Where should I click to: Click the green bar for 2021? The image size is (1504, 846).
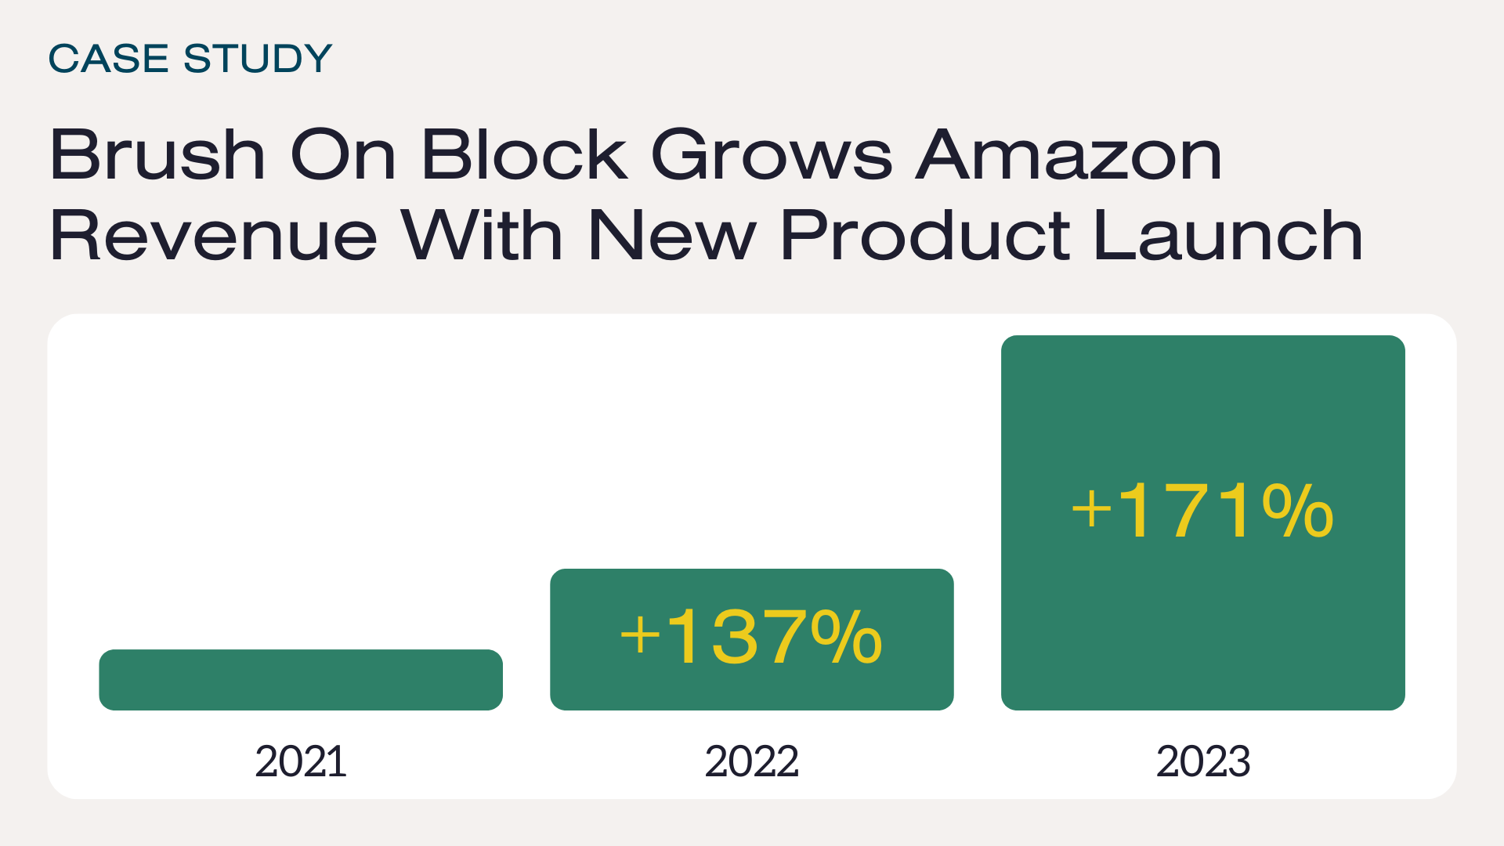(301, 679)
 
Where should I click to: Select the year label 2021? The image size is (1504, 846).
(301, 761)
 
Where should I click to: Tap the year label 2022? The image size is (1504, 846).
(751, 761)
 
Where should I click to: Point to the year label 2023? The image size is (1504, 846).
(1202, 761)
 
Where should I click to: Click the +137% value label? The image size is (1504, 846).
(751, 638)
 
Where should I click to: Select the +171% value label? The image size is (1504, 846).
(1202, 512)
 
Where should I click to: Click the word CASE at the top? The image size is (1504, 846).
(108, 59)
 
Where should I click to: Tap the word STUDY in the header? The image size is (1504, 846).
(258, 59)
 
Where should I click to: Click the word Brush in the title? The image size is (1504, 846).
(157, 154)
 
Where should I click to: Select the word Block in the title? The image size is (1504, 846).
(524, 154)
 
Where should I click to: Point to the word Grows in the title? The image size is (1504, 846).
(772, 154)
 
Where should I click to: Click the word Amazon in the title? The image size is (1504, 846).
(1069, 154)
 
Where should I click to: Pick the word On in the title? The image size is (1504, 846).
(343, 154)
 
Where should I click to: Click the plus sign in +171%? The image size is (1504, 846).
(1091, 510)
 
